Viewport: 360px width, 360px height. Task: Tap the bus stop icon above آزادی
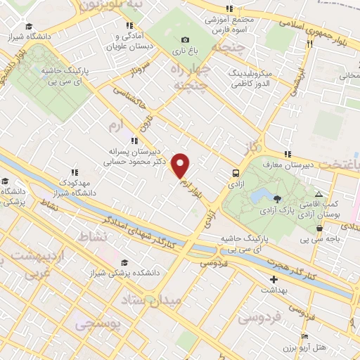pyautogui.click(x=236, y=172)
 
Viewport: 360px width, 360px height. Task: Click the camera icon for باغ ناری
pyautogui.click(x=185, y=40)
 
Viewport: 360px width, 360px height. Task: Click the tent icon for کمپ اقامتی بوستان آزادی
pyautogui.click(x=319, y=194)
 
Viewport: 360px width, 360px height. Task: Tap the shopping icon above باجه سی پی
pyautogui.click(x=320, y=228)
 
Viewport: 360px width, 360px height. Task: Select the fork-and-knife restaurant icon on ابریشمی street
pyautogui.click(x=309, y=44)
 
